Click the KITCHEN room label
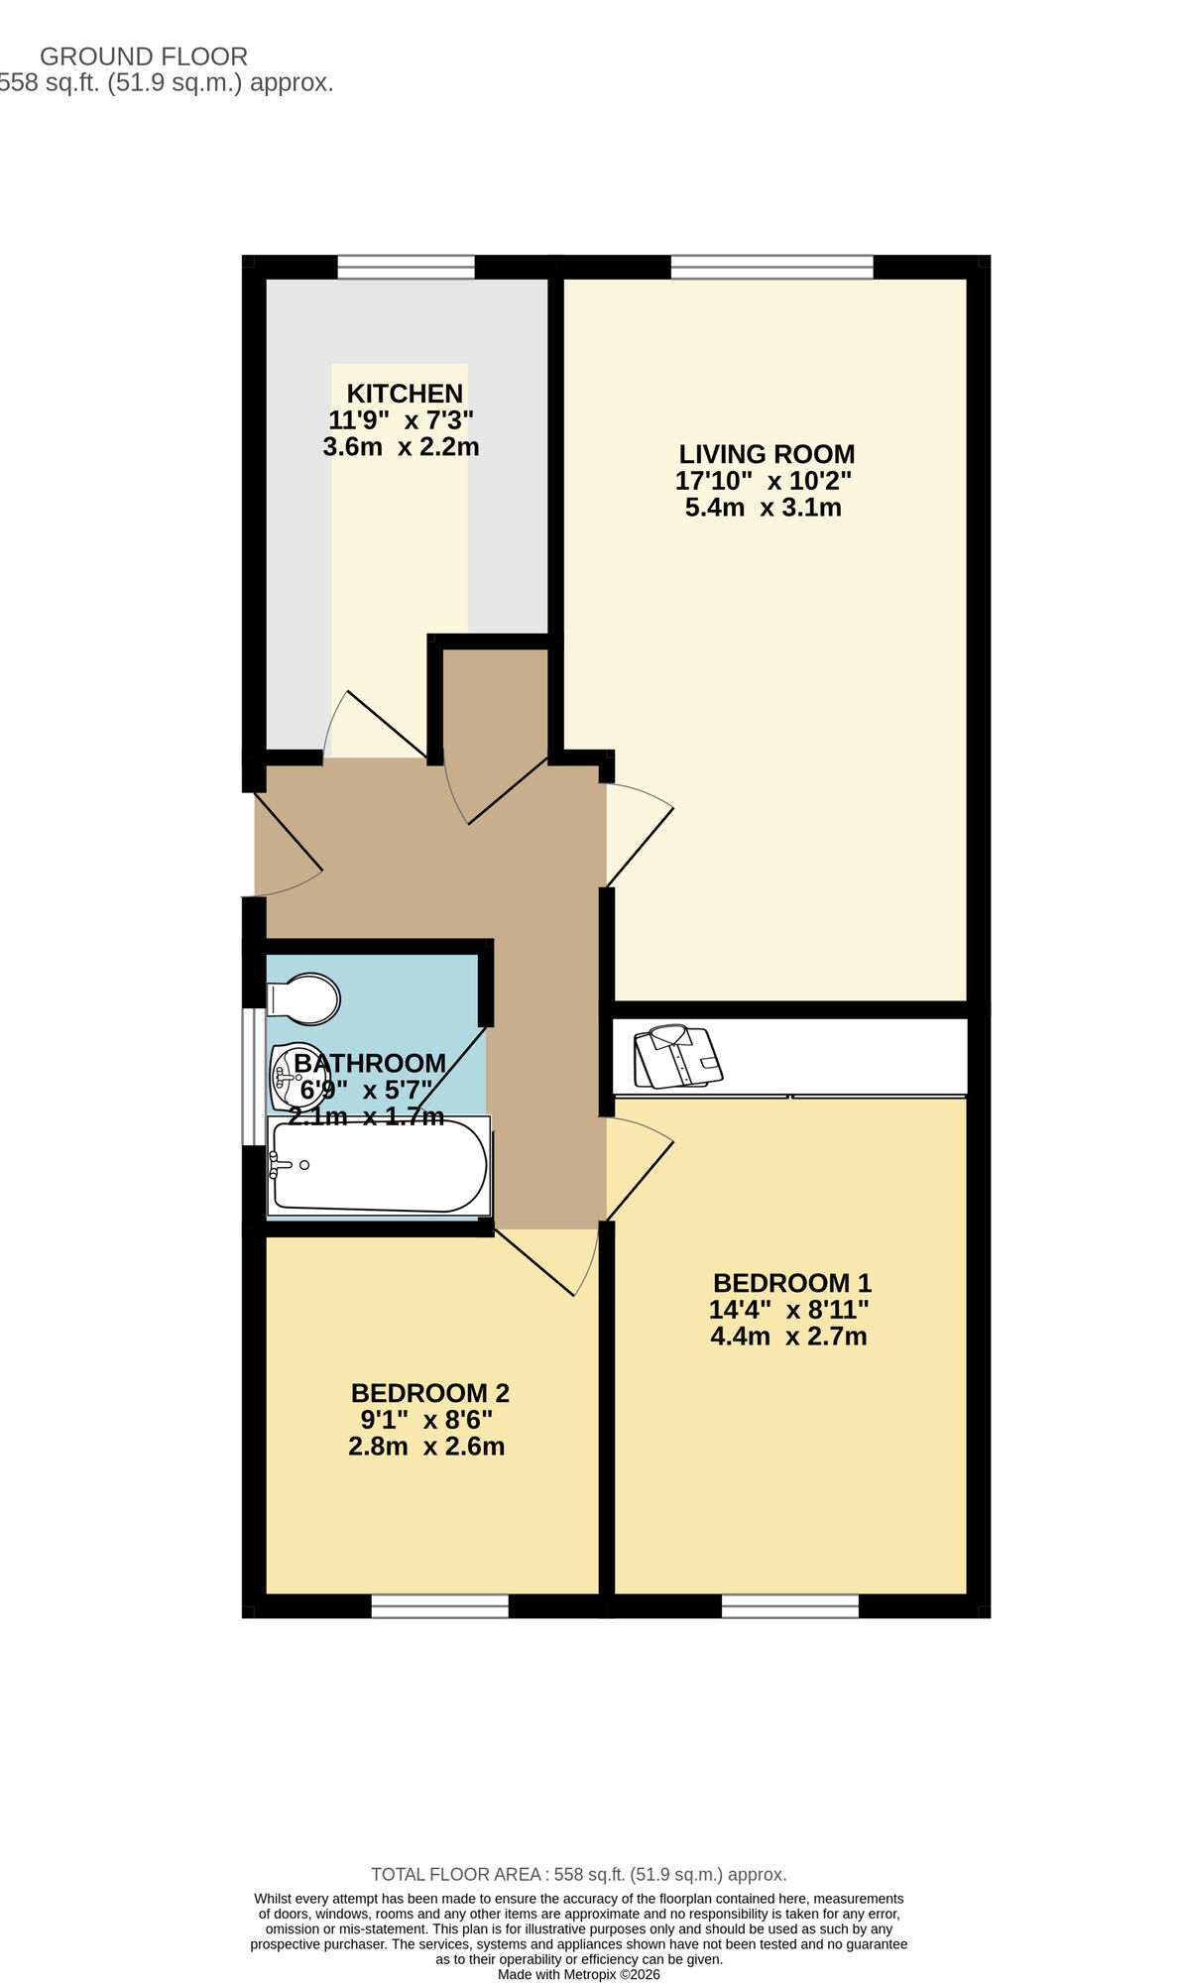click(x=405, y=394)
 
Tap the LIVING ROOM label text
click(x=766, y=454)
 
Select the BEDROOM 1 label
click(x=791, y=1283)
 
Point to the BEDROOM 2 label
click(x=429, y=1393)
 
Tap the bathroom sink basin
click(x=295, y=1077)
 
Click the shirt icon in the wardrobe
click(x=678, y=1057)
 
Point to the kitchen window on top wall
click(x=406, y=267)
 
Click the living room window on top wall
click(x=771, y=267)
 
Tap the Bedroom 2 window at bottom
click(x=439, y=1606)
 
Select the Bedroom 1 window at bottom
click(x=789, y=1606)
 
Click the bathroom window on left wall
click(x=255, y=1078)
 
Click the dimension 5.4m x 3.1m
click(x=763, y=508)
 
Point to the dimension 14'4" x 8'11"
click(x=788, y=1310)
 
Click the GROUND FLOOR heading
click(x=144, y=57)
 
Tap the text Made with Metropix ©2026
click(x=578, y=1974)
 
